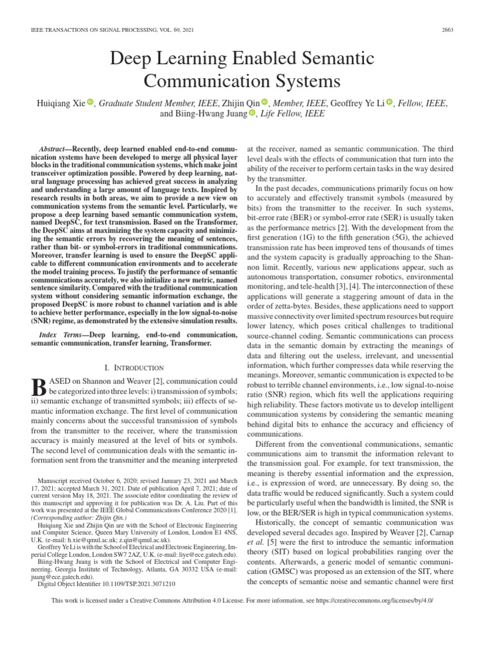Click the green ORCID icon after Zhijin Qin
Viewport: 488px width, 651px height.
pos(265,103)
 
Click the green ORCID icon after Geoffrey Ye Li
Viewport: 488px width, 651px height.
pos(390,103)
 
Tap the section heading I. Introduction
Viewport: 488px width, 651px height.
pos(133,367)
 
